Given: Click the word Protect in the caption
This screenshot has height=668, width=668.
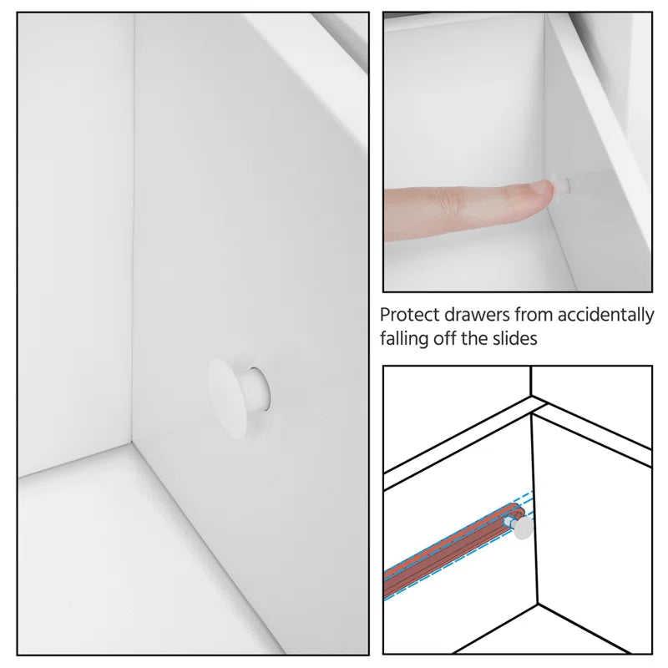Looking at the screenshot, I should click(x=408, y=316).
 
